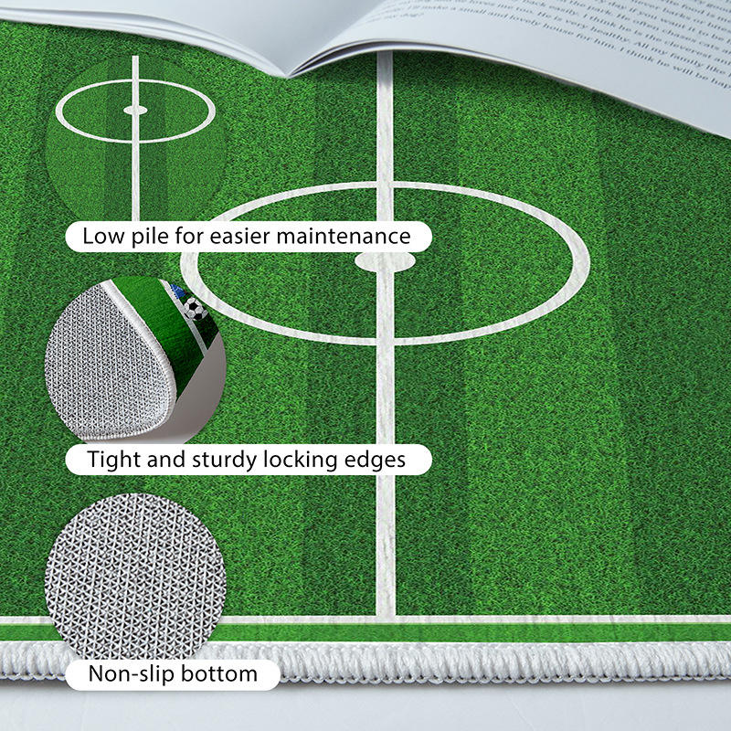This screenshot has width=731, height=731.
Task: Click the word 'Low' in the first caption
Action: [x=101, y=237]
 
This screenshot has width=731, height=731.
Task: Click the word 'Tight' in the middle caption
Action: [x=112, y=459]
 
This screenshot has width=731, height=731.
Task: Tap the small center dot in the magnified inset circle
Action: [x=135, y=111]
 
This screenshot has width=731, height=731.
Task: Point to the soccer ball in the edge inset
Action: [x=193, y=308]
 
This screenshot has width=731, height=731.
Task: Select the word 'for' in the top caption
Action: [x=187, y=237]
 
